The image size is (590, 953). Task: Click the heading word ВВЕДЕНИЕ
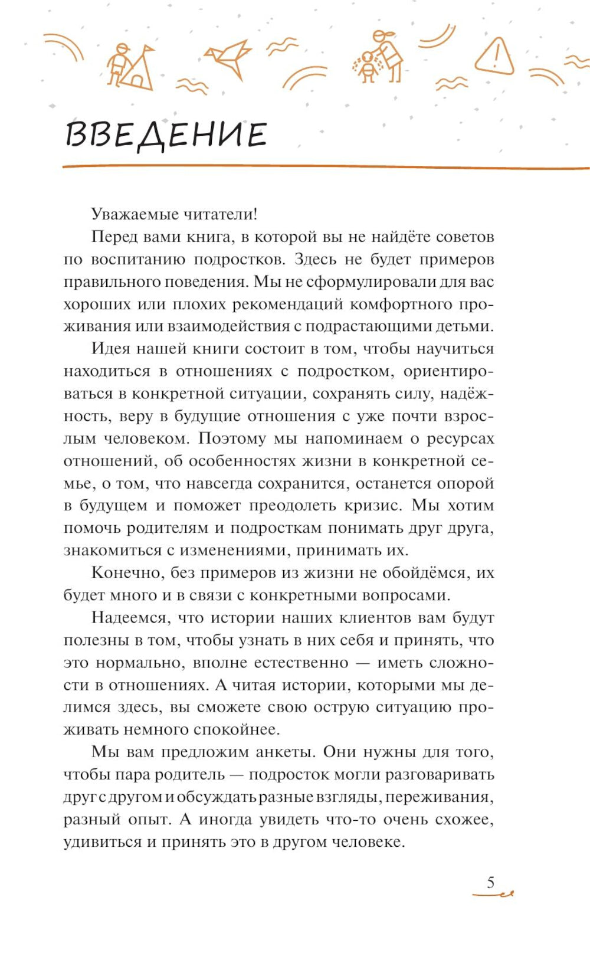tap(166, 135)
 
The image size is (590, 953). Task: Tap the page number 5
tap(491, 883)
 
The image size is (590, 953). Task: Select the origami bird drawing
tap(228, 57)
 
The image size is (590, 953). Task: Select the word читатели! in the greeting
tap(221, 214)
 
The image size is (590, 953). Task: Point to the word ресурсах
tap(460, 438)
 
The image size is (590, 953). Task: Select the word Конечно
tap(127, 573)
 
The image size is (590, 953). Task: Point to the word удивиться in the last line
tap(103, 842)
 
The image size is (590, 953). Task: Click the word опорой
tap(465, 483)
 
